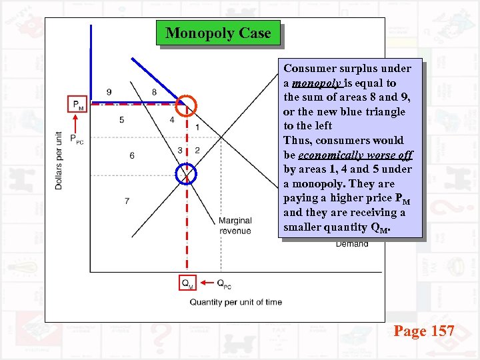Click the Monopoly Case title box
tap(218, 33)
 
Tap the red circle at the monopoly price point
tap(186, 104)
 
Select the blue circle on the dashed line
tap(186, 174)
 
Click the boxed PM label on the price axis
tap(78, 105)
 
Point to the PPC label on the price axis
tap(78, 141)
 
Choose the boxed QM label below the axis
tap(188, 283)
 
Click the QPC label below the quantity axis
tap(224, 283)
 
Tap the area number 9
tap(109, 91)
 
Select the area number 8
tap(154, 91)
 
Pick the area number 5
tap(121, 120)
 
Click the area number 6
tap(131, 155)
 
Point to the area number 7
tap(127, 201)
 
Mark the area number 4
tap(171, 120)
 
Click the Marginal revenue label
tap(235, 225)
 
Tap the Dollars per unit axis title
tap(59, 160)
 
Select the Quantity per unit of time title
tap(236, 302)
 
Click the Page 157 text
tap(424, 331)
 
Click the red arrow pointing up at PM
tap(78, 123)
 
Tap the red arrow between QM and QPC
tap(207, 283)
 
